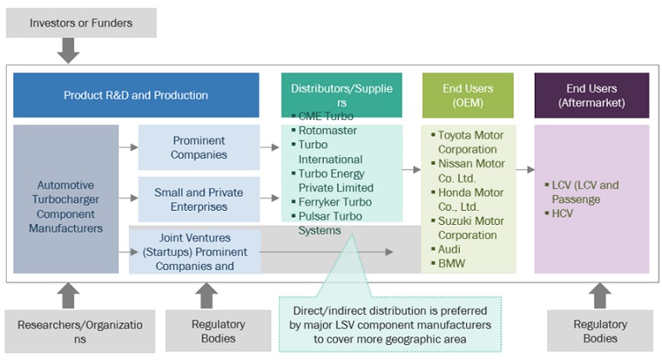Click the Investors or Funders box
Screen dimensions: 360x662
81,22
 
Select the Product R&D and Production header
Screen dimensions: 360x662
136,95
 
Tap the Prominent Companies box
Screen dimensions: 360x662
199,147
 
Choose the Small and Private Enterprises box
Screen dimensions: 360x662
199,199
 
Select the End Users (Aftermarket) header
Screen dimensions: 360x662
591,95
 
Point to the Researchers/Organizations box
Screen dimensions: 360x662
81,331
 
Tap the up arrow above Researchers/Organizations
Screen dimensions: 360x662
68,296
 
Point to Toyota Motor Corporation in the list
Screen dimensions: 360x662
471,140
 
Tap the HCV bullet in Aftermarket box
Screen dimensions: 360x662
564,214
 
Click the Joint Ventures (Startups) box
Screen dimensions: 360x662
195,252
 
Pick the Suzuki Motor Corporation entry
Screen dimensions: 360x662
471,227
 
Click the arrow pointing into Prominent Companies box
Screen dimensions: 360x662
128,147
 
